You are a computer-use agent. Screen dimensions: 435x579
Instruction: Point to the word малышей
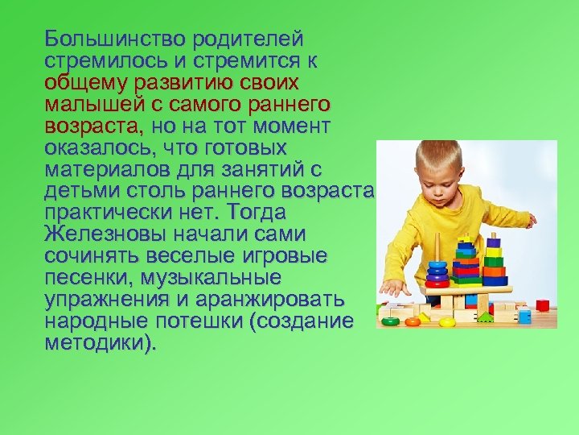[91, 105]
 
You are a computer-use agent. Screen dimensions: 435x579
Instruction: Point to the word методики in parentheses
[99, 344]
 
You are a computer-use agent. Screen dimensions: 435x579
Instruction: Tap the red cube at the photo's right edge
[542, 305]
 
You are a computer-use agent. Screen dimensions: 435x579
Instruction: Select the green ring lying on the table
[391, 321]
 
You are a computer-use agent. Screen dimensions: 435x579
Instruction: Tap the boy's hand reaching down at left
[392, 288]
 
